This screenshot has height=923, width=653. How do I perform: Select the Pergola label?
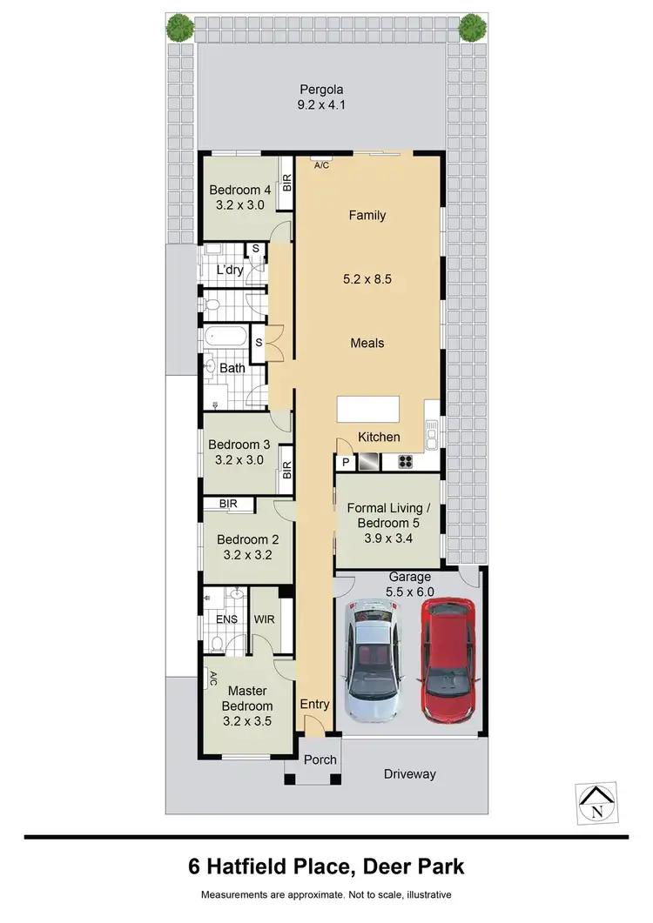click(322, 90)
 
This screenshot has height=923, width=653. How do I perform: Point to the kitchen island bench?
click(368, 409)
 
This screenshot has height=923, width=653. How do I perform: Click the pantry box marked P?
click(345, 463)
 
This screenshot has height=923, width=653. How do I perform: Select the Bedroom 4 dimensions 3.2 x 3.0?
click(239, 206)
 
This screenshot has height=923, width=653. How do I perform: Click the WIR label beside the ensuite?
click(265, 619)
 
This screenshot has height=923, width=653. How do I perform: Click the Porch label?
click(320, 759)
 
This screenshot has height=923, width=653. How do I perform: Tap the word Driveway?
click(409, 774)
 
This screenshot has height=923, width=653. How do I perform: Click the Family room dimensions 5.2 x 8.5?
click(367, 281)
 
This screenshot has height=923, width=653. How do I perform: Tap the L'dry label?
click(229, 271)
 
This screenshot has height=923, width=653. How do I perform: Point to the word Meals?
click(367, 343)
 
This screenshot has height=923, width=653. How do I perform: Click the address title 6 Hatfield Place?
click(326, 866)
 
